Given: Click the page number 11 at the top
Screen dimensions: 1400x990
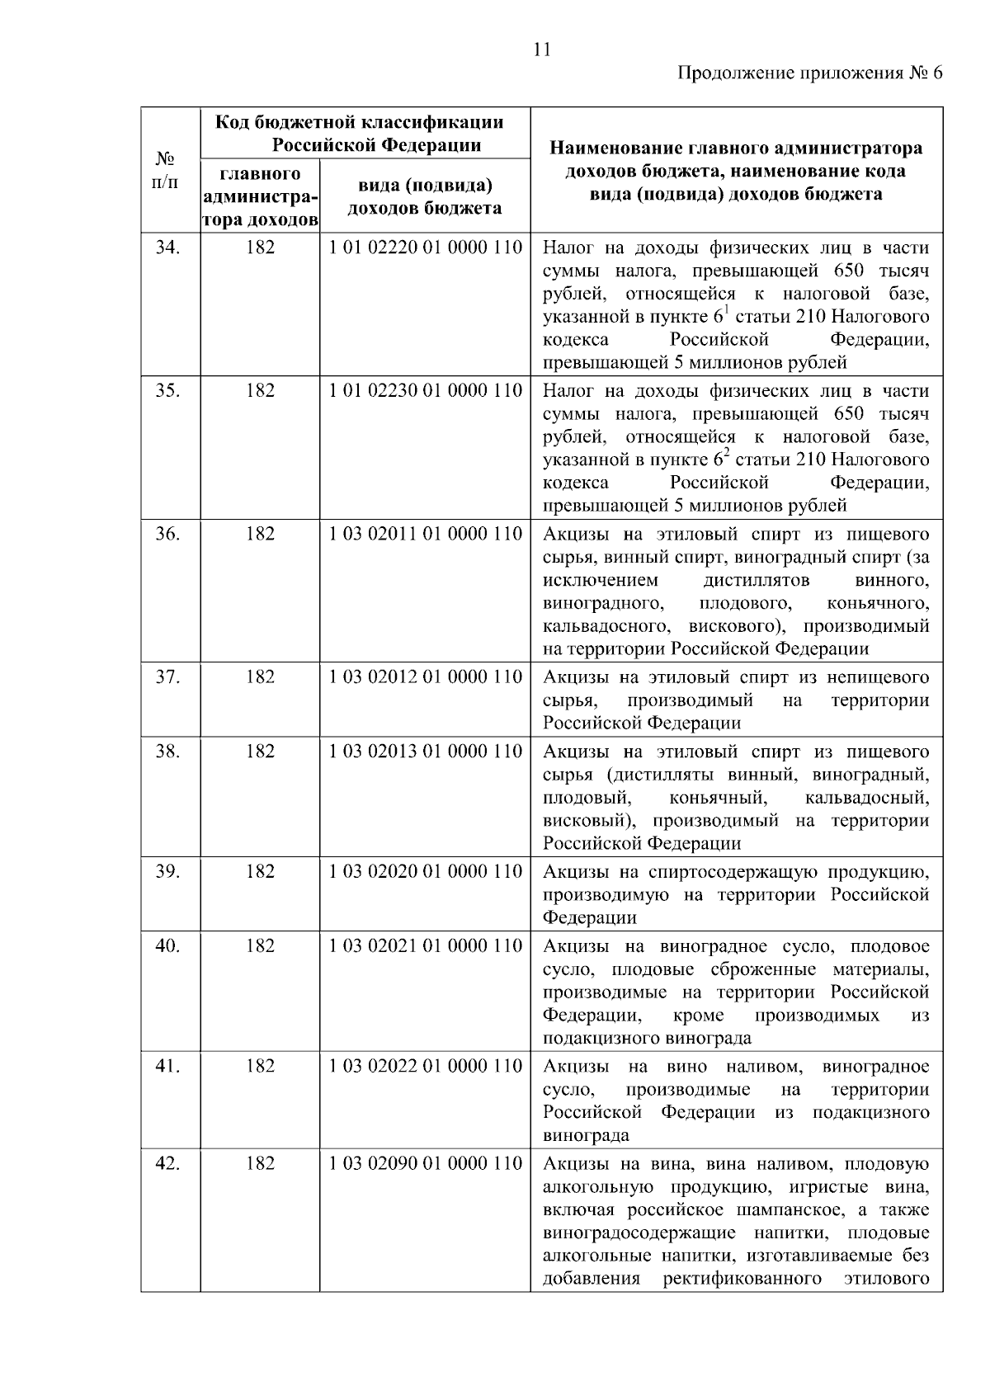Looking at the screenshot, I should tap(542, 49).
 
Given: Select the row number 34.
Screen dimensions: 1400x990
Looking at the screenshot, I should tap(168, 247).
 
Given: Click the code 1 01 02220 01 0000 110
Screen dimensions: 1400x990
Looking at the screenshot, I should tap(425, 247).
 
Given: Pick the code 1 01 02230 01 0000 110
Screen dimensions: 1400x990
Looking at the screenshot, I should tap(425, 390).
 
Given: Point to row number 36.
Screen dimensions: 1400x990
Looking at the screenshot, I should tap(168, 534).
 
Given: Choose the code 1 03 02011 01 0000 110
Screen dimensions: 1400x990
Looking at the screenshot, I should tap(425, 534).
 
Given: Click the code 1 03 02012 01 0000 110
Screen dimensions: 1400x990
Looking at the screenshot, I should tap(425, 677).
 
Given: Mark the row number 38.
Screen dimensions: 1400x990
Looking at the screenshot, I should tap(168, 752).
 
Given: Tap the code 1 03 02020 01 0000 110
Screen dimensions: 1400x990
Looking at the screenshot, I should tap(425, 872).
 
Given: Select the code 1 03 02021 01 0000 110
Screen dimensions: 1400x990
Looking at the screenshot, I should tap(425, 946).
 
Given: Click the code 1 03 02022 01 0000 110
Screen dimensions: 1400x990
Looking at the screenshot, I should tap(425, 1067).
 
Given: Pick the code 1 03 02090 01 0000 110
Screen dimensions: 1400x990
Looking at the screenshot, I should tap(425, 1164).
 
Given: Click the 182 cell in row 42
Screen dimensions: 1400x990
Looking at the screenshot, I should tap(260, 1164).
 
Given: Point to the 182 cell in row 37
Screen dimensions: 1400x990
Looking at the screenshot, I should tap(260, 677).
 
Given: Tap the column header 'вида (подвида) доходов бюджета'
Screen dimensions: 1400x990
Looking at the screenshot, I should tap(425, 196).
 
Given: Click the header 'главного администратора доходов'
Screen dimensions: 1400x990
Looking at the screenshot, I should tap(260, 197).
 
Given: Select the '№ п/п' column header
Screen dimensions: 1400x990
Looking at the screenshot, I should tap(168, 170).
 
